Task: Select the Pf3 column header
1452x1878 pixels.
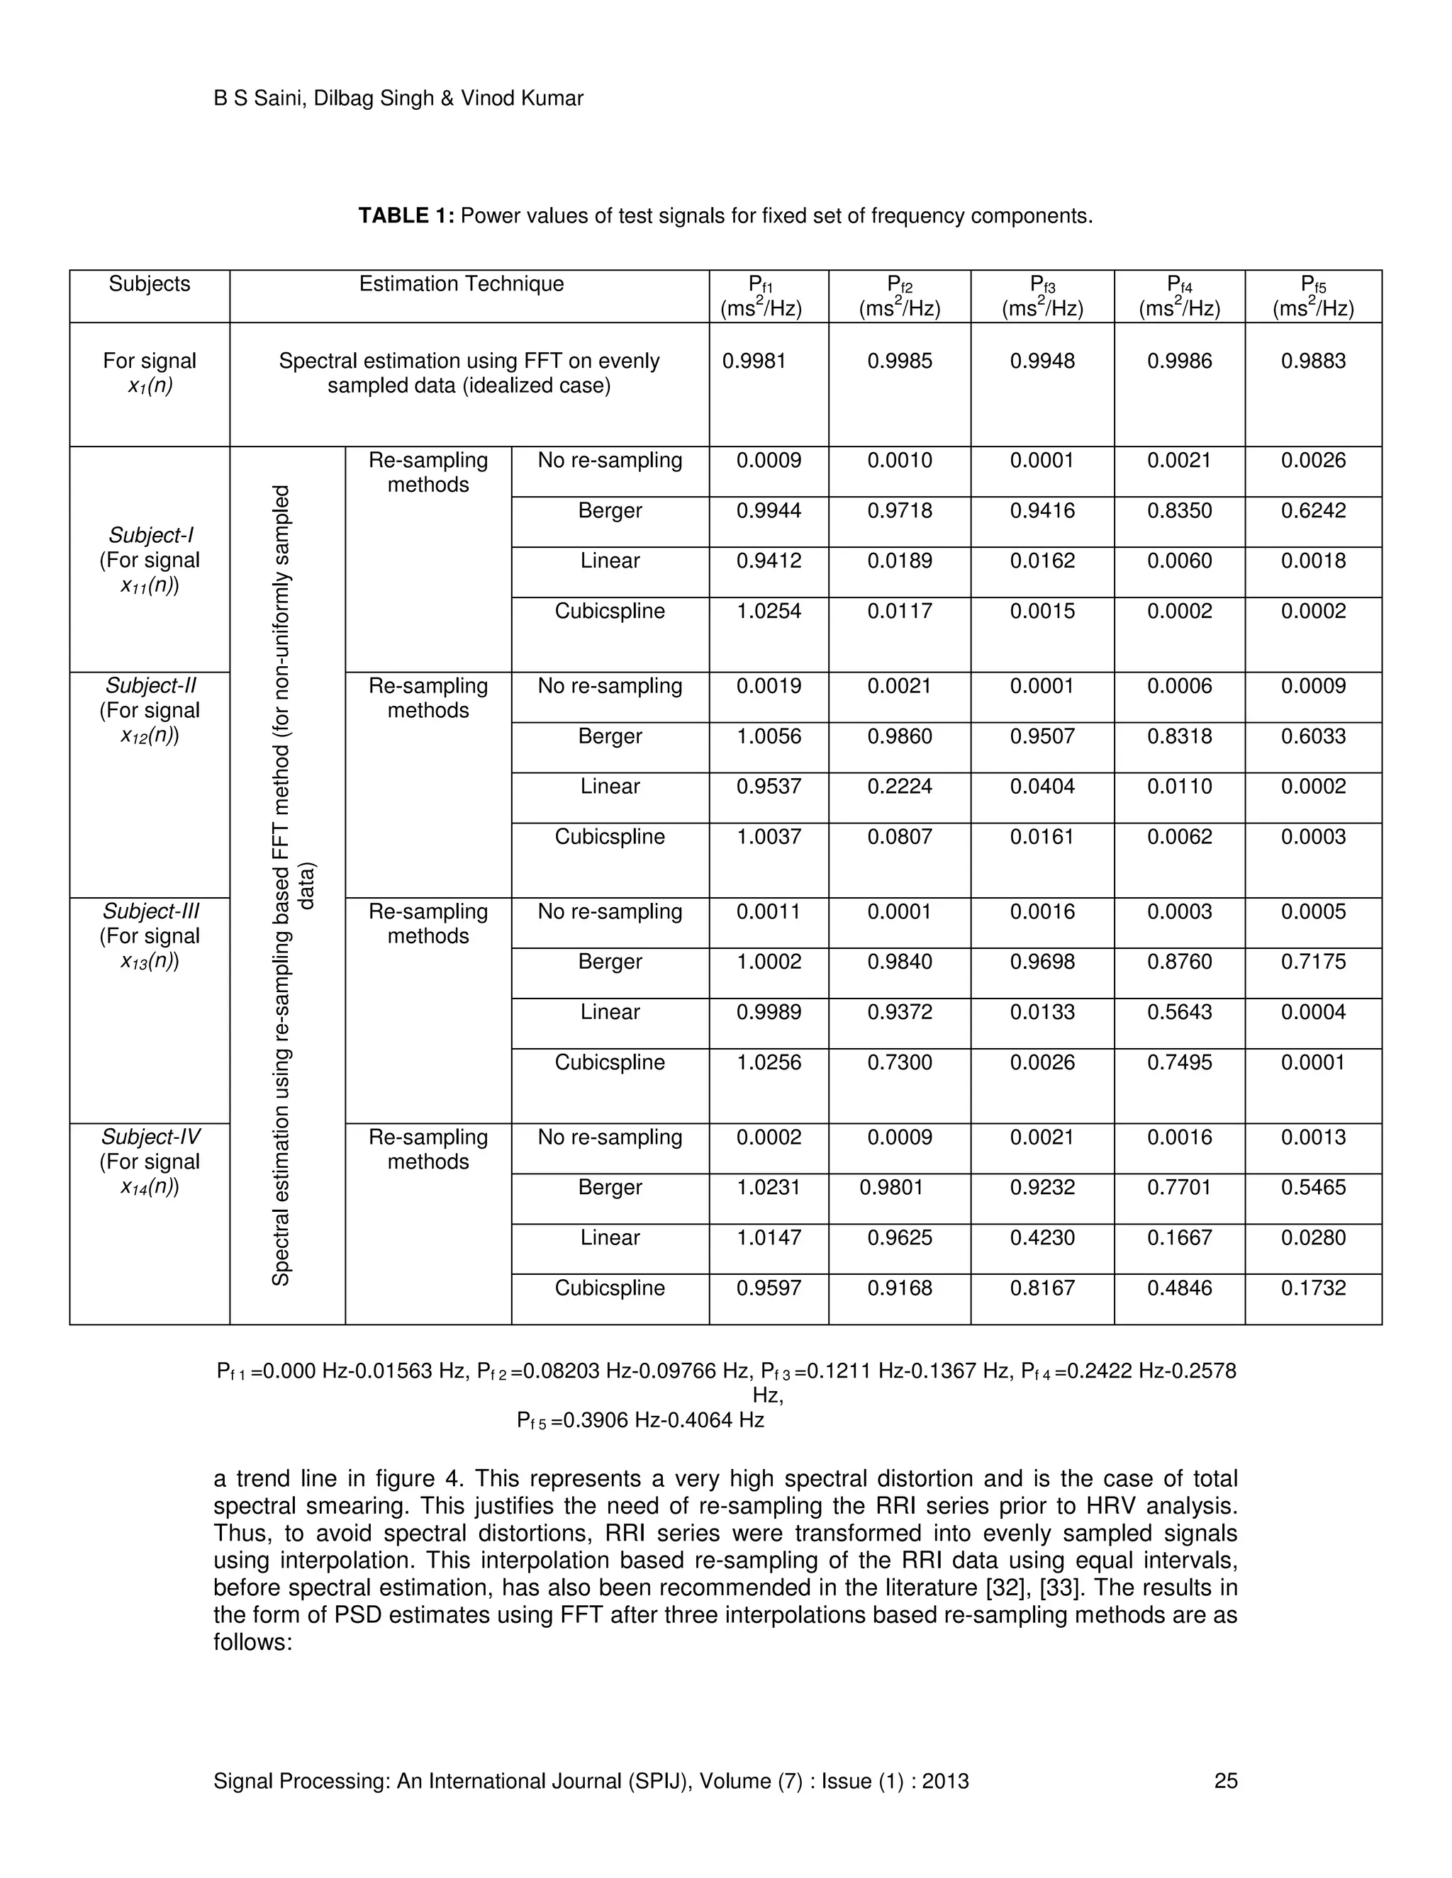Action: [x=1041, y=296]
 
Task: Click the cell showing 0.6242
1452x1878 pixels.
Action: [x=1312, y=511]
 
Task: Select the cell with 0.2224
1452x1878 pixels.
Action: [x=899, y=787]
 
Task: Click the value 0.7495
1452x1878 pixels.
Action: [x=1178, y=1063]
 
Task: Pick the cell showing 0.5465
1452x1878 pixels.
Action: [x=1312, y=1188]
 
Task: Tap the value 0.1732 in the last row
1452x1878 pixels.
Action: [x=1312, y=1288]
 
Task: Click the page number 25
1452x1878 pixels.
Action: [x=1225, y=1781]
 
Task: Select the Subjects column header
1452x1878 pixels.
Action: [x=149, y=285]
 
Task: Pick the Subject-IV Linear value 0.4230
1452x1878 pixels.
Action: [x=1041, y=1238]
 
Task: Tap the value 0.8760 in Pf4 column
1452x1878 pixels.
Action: [x=1178, y=962]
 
